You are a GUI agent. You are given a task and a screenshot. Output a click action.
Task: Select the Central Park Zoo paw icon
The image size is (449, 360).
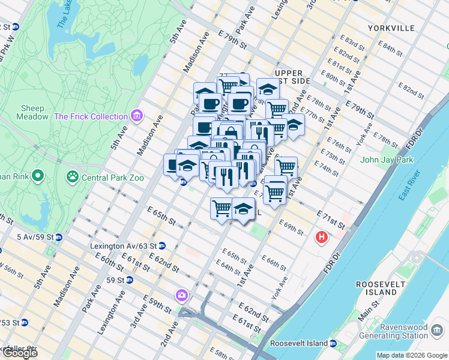click(x=72, y=176)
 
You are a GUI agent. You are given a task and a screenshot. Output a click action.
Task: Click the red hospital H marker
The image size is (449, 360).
click(x=322, y=238)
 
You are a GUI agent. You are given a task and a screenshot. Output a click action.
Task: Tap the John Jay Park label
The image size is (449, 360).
click(x=386, y=160)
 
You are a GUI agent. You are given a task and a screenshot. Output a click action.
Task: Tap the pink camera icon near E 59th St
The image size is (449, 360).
click(x=182, y=295)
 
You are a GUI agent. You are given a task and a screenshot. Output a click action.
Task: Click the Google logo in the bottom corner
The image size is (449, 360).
click(x=20, y=353)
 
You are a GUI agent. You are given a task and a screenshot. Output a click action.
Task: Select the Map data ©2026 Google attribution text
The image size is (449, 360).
click(x=412, y=355)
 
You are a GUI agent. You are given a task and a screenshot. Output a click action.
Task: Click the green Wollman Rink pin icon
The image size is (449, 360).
click(x=38, y=176)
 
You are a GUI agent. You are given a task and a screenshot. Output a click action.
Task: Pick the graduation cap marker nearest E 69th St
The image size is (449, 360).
click(x=243, y=209)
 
